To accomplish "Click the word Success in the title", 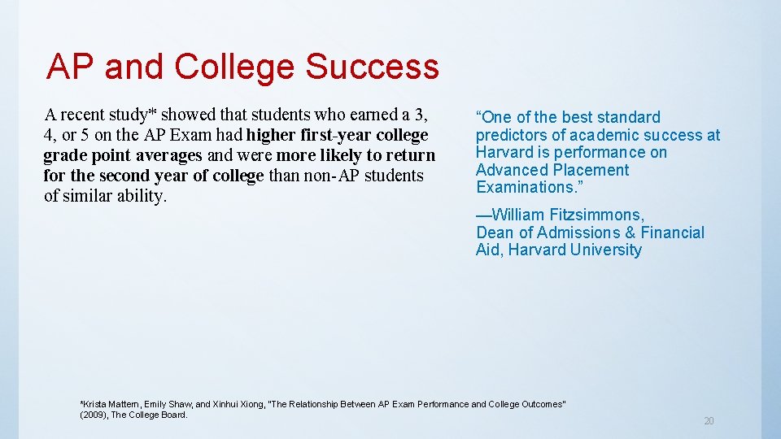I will click(372, 67).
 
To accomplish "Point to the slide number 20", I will click(709, 420).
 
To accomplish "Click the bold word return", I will click(409, 154).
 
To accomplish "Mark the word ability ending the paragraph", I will click(139, 195).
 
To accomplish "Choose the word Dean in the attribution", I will click(495, 233).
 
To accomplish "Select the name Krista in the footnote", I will click(94, 404).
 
